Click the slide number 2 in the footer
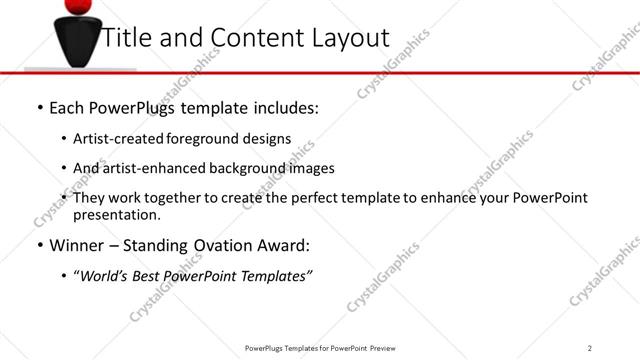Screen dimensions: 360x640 pyautogui.click(x=590, y=348)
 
